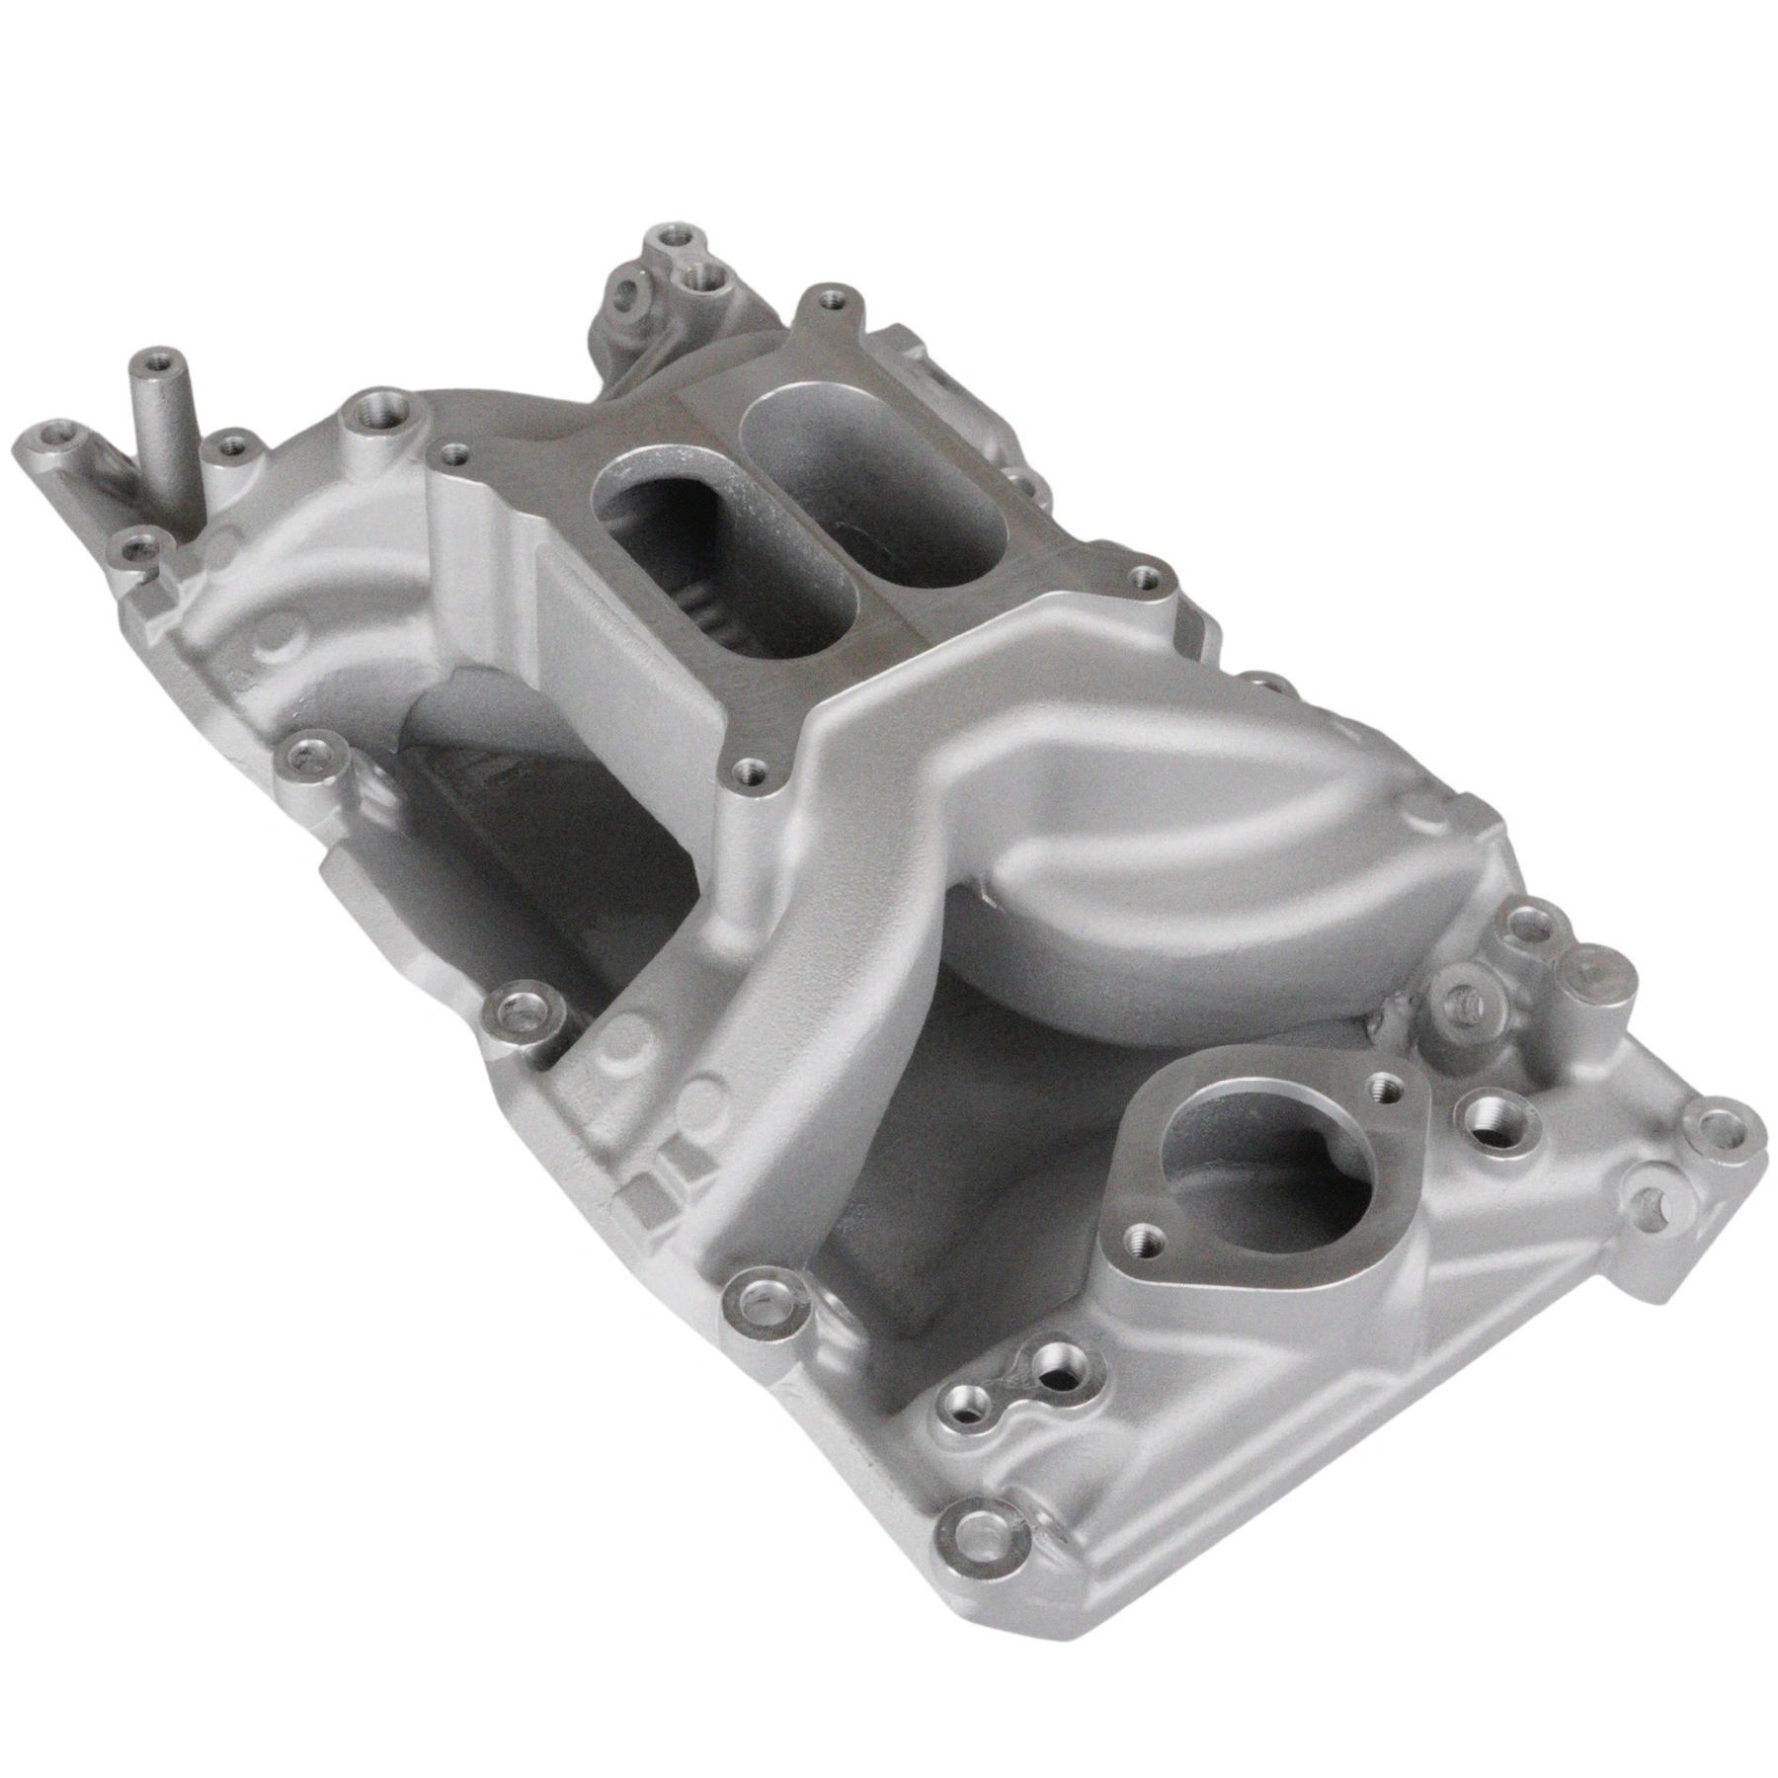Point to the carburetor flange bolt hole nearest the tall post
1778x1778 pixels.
(x=453, y=454)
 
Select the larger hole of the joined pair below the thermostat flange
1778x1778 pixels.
(x=1065, y=1367)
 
